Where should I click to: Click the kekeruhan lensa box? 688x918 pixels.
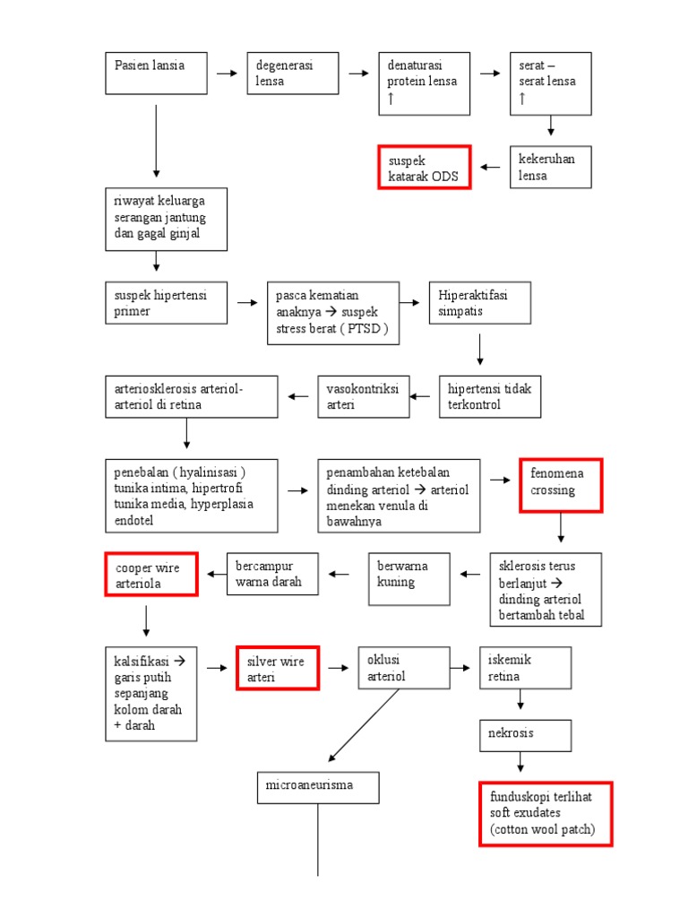(551, 168)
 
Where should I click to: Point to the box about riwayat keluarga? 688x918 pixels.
(166, 219)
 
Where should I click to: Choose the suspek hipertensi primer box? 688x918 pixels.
(166, 303)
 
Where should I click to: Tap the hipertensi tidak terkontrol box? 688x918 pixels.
(490, 397)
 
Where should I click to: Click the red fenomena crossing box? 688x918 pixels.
(561, 484)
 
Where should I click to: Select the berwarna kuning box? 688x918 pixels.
(408, 578)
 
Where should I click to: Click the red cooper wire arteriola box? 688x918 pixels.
(150, 575)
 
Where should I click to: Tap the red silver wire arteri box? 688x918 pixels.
(278, 669)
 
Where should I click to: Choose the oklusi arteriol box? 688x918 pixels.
(404, 668)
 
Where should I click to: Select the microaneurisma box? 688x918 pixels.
(318, 786)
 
